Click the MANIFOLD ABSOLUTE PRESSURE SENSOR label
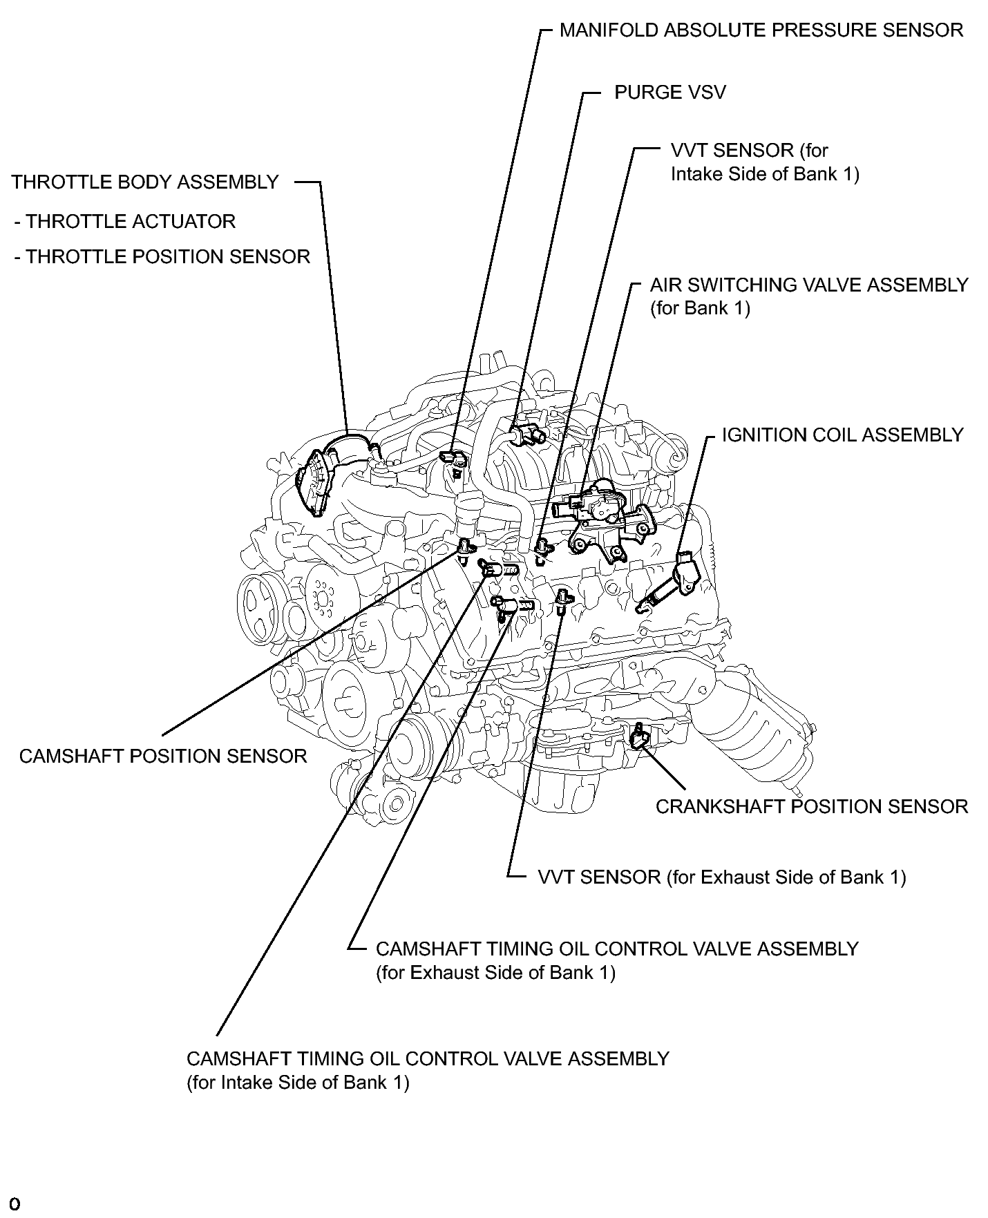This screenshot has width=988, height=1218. click(761, 31)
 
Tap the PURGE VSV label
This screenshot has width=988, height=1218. click(669, 93)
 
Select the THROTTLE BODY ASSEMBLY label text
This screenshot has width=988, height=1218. click(145, 182)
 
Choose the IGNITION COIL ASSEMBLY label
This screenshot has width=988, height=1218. click(842, 435)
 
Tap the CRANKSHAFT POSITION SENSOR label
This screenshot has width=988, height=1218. click(811, 807)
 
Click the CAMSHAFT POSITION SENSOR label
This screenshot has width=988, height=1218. click(163, 757)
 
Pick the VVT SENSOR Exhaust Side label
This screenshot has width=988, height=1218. click(721, 877)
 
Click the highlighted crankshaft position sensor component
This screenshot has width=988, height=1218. click(639, 736)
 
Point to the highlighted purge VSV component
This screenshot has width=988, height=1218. click(528, 432)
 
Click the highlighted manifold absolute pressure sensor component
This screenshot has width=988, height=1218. click(453, 459)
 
